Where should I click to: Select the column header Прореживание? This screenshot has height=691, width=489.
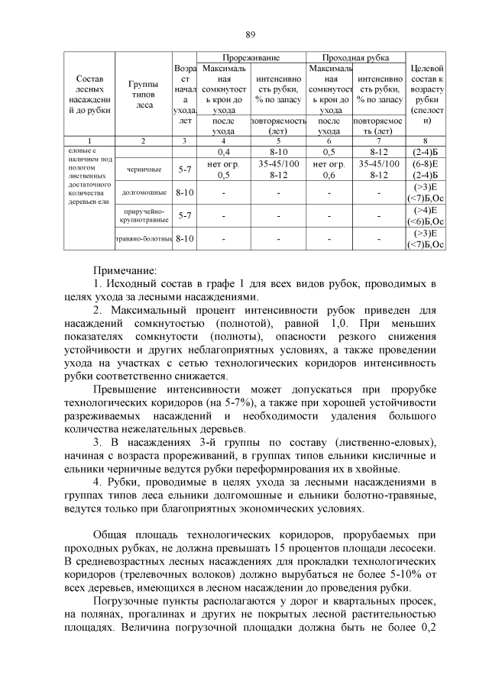pos(251,58)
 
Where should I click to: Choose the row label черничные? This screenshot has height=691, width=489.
pos(144,169)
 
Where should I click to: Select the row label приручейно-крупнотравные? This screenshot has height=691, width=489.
pos(144,216)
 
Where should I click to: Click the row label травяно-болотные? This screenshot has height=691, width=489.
pos(144,239)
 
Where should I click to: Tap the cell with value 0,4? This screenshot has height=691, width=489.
pos(224,152)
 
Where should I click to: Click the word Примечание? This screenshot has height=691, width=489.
pos(125,270)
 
